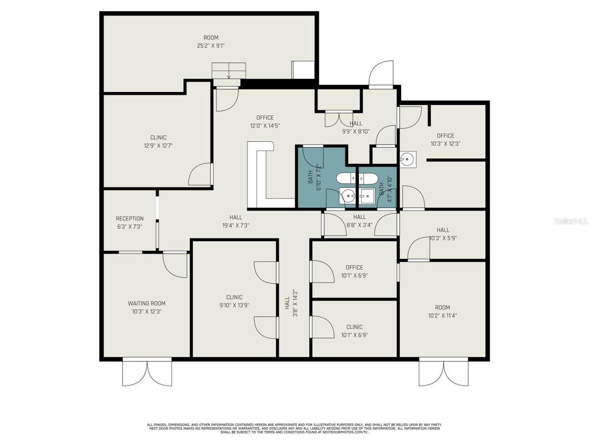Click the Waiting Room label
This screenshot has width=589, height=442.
click(146, 307)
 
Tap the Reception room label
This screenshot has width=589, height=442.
click(129, 222)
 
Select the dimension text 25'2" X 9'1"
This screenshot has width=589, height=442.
click(211, 46)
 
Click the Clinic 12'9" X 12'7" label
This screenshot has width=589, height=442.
click(158, 141)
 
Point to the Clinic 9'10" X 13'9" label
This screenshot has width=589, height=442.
click(234, 301)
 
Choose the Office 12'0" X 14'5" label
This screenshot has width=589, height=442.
click(265, 122)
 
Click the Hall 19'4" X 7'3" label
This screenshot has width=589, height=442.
click(236, 221)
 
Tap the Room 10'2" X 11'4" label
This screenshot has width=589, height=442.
click(442, 311)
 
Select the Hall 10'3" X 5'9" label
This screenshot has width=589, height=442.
click(443, 234)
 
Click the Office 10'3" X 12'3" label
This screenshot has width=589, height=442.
click(445, 140)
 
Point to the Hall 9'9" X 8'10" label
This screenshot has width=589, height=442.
click(356, 127)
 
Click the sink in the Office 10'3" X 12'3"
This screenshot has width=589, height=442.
click(407, 159)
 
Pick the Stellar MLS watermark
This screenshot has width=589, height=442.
click(571, 221)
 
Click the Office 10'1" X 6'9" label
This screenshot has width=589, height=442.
click(354, 271)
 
